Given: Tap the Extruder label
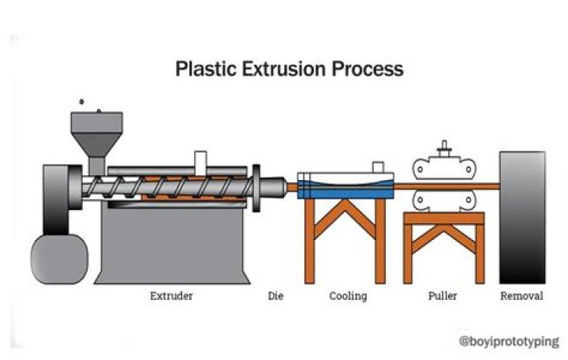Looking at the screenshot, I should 172,297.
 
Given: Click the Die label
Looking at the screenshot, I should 275,297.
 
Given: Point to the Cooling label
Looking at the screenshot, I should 348,297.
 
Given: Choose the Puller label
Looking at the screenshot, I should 443,297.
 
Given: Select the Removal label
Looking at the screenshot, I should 521,297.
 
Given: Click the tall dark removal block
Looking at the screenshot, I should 521,217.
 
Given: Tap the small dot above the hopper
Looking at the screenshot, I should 82,103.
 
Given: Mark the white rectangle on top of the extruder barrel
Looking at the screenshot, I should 200,160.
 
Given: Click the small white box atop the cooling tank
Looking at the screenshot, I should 379,167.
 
